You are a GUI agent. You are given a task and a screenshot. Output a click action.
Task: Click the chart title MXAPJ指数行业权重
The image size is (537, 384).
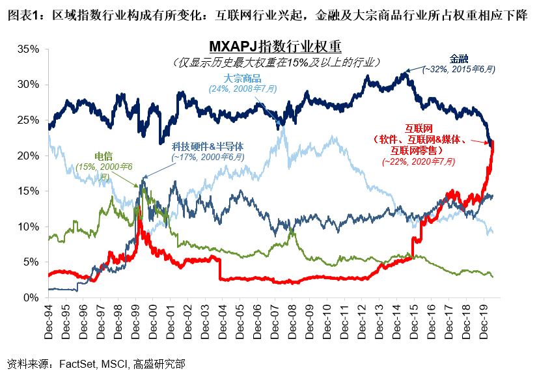(276, 48)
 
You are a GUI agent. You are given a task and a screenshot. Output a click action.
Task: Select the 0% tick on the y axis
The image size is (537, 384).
(30, 297)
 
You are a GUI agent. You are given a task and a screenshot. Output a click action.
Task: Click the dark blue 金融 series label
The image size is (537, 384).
(458, 59)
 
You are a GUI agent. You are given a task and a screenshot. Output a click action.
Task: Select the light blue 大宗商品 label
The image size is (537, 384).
(243, 79)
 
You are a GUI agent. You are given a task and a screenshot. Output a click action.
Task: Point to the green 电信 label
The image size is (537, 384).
(103, 157)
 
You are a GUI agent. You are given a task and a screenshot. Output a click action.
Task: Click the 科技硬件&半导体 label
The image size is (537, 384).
(208, 147)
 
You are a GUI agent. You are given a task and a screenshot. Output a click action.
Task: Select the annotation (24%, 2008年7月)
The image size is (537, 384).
(243, 89)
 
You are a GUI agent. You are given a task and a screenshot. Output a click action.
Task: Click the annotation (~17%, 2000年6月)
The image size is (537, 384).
(208, 157)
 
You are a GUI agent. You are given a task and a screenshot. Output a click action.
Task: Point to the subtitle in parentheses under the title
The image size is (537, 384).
(276, 62)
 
